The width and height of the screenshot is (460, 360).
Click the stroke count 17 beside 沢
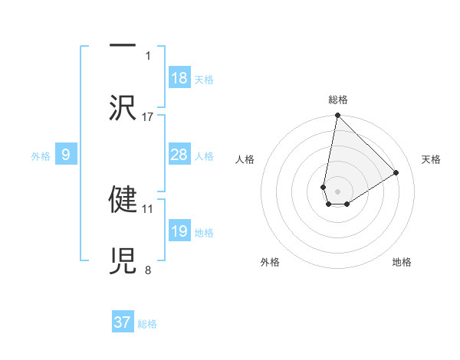pos(148,116)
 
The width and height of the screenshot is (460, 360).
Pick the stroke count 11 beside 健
pos(148,208)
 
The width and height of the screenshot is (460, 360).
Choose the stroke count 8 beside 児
pos(148,269)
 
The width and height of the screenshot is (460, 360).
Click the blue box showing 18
pos(179,78)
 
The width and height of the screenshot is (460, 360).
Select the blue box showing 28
pos(179,155)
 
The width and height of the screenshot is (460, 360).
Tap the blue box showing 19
pos(179,231)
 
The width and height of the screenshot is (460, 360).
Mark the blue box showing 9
pos(66,155)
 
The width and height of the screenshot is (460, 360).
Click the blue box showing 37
pos(123,322)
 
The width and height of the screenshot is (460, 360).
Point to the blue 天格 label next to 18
pos(204,79)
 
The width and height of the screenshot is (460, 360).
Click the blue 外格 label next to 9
pos(41,155)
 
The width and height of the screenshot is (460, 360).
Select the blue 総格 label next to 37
pos(147,323)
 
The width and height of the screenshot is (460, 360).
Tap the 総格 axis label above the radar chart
pos(337,100)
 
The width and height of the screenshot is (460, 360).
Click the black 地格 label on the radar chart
pos(402,262)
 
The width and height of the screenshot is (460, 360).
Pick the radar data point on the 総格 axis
pos(337,116)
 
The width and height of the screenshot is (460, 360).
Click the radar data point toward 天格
pos(396,172)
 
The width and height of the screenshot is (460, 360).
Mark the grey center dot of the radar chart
pos(337,191)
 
